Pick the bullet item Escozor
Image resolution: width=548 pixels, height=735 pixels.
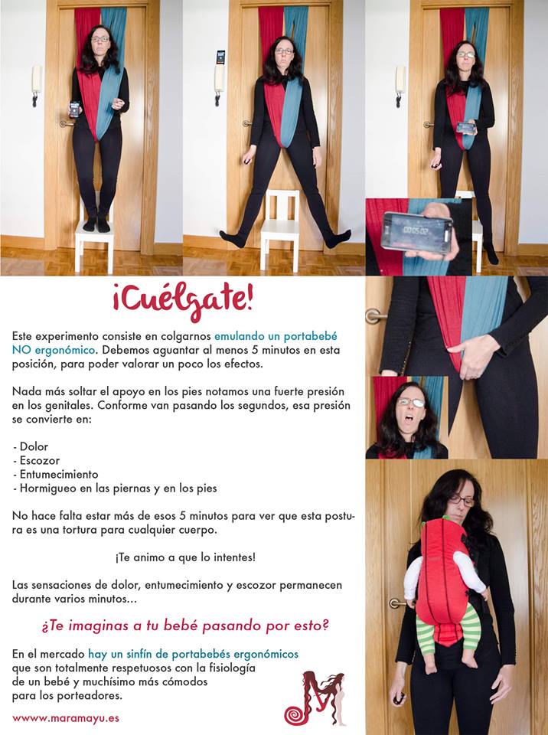[38, 459]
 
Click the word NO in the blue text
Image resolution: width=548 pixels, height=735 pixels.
[23, 350]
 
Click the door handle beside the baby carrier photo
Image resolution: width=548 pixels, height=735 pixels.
[397, 603]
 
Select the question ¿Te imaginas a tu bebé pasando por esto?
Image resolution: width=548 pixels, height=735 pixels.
[185, 626]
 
